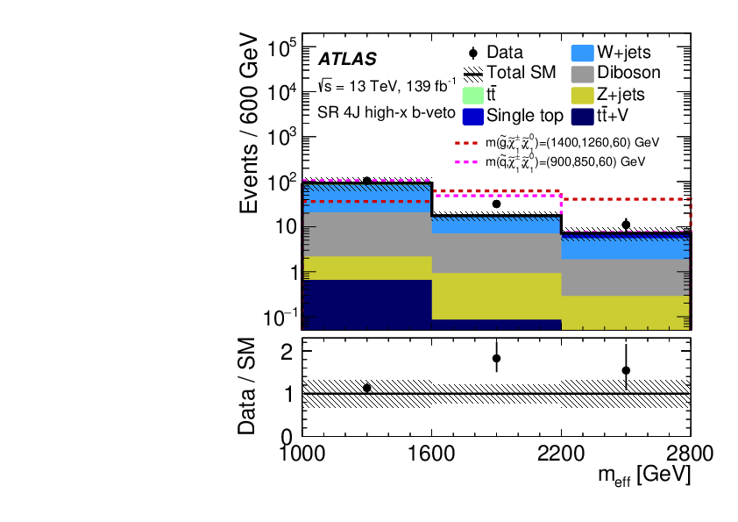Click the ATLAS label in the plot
(x=347, y=60)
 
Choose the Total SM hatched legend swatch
(x=471, y=73)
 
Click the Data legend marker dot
(x=472, y=52)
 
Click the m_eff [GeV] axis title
(x=643, y=475)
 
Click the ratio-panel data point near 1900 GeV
(x=496, y=358)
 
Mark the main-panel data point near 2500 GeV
(x=626, y=225)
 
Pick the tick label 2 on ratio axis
(x=286, y=351)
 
